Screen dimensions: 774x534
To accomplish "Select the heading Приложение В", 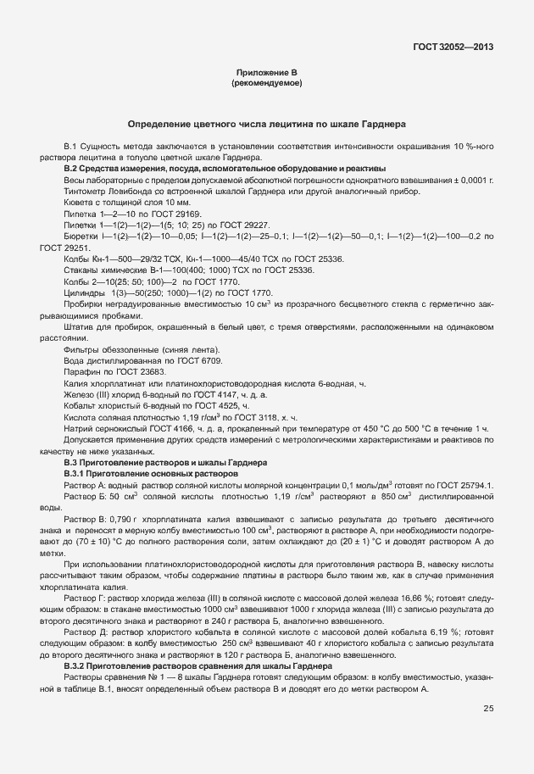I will point(266,75).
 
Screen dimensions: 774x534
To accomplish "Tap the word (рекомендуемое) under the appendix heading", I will point(266,84).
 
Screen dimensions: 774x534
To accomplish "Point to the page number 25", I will point(488,708).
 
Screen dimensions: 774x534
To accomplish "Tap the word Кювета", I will point(79,203).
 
